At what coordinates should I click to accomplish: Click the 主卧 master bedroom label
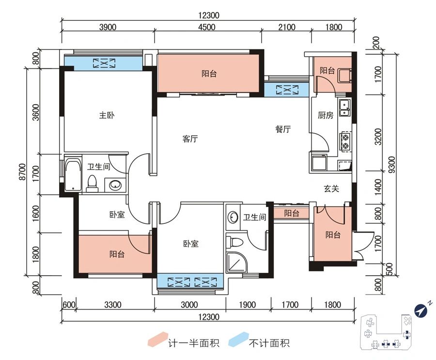pos(107,115)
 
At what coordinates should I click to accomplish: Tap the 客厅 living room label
pos(190,139)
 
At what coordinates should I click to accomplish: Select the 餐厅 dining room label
pos(283,129)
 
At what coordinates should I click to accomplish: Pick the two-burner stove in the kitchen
pos(345,139)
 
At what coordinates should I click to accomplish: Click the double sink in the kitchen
pos(345,108)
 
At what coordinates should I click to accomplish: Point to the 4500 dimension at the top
pos(207,27)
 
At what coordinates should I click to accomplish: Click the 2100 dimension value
pos(286,27)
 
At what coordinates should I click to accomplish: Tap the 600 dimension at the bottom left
pos(69,305)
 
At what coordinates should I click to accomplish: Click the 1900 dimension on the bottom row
pos(247,305)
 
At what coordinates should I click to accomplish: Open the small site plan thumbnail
pos(388,331)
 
